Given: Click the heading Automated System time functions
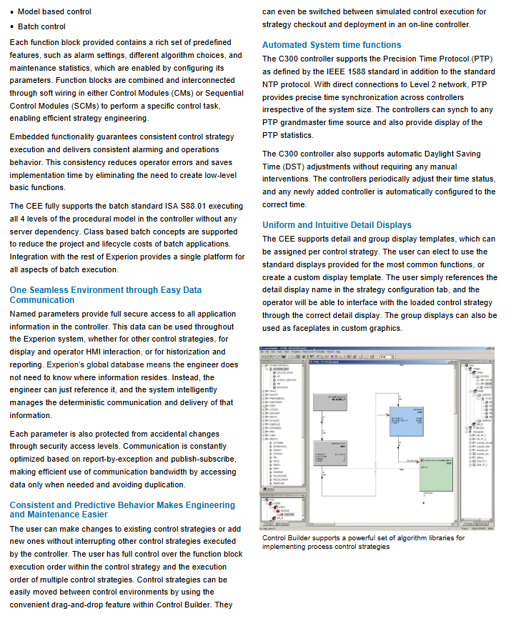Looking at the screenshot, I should pos(332,45).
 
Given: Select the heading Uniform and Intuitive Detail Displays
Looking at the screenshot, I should pos(337,225).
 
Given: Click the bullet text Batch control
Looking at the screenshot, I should pos(46,26).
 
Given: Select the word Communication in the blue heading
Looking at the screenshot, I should pos(41,300).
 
